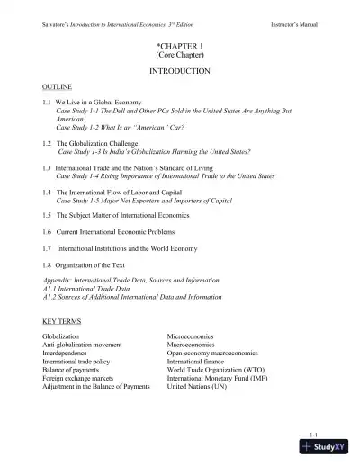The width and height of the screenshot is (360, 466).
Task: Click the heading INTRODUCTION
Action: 179,69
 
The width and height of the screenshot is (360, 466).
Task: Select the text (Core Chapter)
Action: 179,54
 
